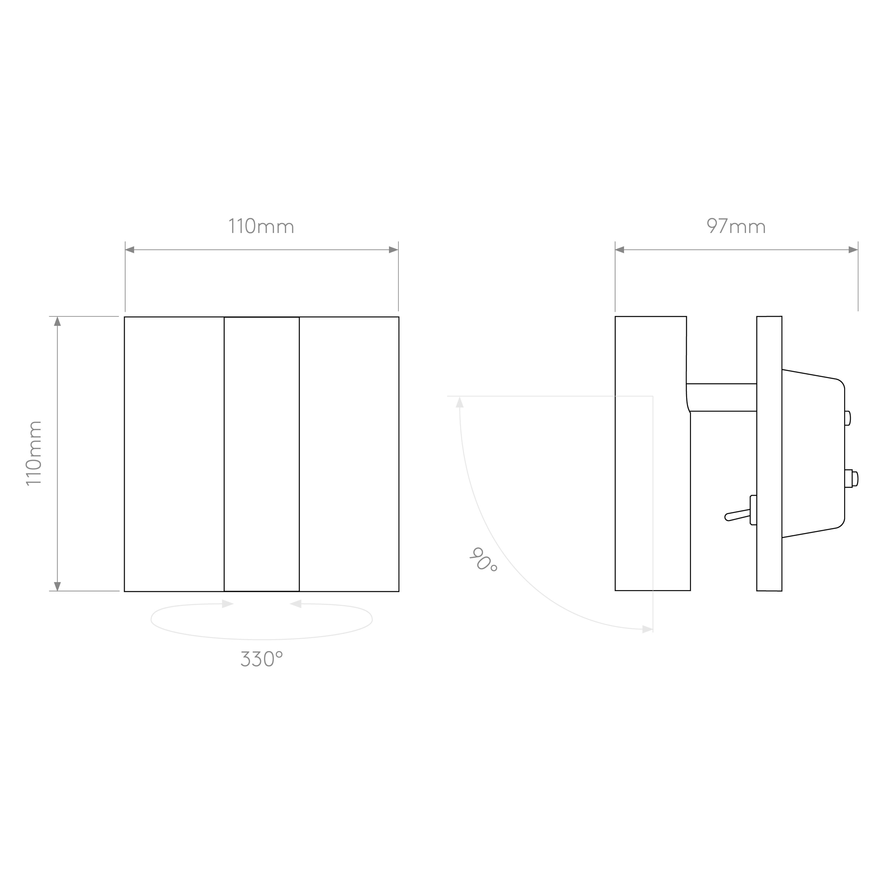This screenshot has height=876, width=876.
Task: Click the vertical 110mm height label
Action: click(x=34, y=453)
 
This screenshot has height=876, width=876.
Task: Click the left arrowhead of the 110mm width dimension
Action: click(x=130, y=250)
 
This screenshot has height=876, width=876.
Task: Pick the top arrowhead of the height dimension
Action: click(x=57, y=321)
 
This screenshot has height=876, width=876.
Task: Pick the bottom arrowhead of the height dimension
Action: click(x=57, y=586)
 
